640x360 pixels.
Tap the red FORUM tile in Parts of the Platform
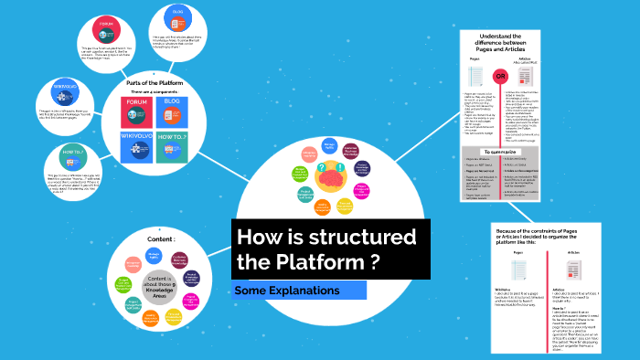coord(142,111)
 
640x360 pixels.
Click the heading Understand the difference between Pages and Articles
coord(501,43)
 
